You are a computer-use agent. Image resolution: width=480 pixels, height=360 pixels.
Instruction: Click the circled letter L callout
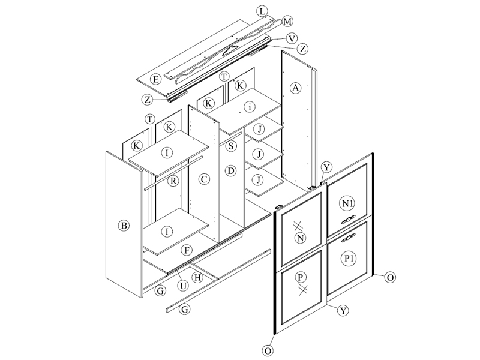click(x=262, y=11)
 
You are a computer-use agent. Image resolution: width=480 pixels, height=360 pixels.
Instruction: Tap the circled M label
click(x=287, y=22)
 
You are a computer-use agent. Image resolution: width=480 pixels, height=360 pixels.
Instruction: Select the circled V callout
click(x=292, y=38)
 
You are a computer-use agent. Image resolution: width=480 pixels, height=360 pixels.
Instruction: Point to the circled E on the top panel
click(x=156, y=80)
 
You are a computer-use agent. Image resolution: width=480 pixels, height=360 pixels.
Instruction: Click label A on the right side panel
click(x=295, y=88)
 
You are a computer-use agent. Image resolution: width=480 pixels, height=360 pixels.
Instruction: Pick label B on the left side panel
click(x=124, y=226)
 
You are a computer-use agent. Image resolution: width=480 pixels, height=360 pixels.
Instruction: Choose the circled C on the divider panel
click(x=204, y=179)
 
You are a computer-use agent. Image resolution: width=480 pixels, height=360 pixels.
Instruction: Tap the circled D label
click(x=231, y=170)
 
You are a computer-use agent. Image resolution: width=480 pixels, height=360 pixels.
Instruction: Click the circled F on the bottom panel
click(x=187, y=250)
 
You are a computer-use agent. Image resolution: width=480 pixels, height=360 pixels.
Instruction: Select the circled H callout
click(x=197, y=278)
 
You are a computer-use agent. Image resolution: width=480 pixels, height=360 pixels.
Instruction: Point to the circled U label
click(x=183, y=286)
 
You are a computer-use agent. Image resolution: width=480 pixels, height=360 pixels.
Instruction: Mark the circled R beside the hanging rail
click(x=173, y=181)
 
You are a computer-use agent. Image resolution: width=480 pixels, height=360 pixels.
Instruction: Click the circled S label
click(x=231, y=146)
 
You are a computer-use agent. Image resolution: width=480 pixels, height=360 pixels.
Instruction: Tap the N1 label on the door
click(x=347, y=203)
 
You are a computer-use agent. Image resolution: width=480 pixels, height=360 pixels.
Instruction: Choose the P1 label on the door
click(x=349, y=259)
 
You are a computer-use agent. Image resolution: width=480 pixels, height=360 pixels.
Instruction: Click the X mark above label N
click(x=298, y=226)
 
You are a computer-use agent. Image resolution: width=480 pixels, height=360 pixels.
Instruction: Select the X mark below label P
click(x=303, y=290)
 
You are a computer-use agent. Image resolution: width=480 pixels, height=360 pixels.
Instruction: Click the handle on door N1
click(x=348, y=220)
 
